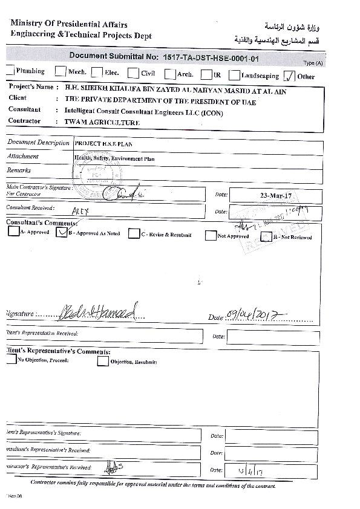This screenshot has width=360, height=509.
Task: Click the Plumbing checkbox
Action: point(10,71)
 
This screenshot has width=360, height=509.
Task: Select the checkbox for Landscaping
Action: point(234,76)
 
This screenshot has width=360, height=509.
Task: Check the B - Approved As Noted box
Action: point(61,233)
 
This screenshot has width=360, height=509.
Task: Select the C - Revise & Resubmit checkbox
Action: point(133,234)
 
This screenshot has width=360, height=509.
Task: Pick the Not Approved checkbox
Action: point(211,236)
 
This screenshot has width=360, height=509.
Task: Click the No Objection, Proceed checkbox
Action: point(11,359)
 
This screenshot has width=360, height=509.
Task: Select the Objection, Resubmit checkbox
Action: point(103,361)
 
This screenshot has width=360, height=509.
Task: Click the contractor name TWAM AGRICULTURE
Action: point(102,122)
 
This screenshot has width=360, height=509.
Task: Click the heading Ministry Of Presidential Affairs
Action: point(69,24)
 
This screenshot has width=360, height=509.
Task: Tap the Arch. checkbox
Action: point(169,74)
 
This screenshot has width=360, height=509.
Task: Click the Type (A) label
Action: point(313,63)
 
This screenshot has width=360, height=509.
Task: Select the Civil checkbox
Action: point(133,73)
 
